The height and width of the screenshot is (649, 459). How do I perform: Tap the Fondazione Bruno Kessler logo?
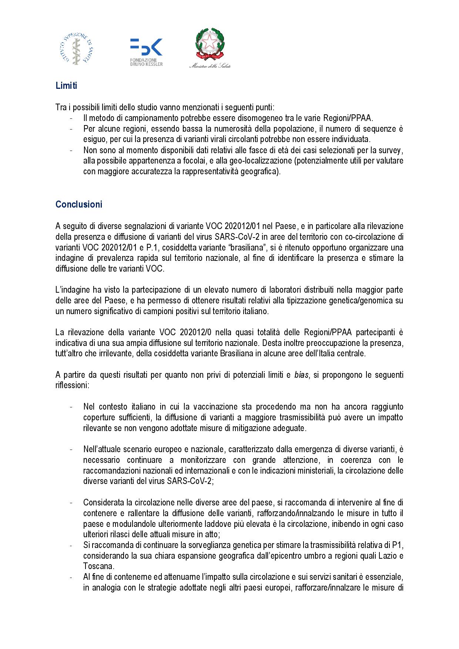click(146, 52)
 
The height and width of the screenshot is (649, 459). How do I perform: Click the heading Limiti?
click(66, 86)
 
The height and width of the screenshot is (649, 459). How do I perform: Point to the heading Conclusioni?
click(79, 205)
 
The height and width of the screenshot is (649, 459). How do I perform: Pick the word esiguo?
click(94, 139)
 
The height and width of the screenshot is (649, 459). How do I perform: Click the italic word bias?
click(301, 375)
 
